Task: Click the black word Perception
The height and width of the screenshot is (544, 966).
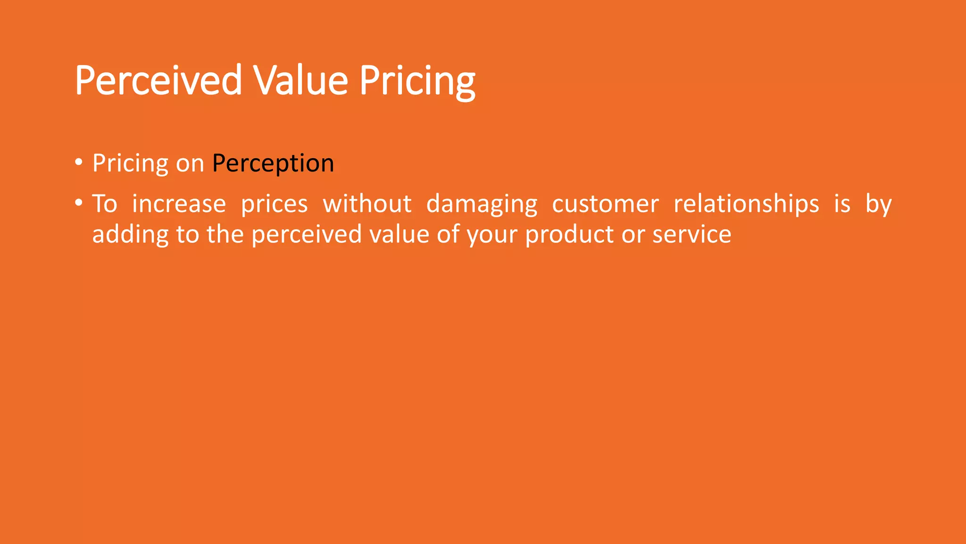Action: tap(273, 164)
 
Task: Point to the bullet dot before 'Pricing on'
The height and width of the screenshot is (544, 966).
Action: tap(79, 163)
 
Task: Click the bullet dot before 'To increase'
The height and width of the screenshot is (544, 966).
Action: tap(79, 204)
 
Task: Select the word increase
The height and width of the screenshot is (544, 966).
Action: tap(179, 204)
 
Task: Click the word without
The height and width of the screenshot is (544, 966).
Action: tap(367, 204)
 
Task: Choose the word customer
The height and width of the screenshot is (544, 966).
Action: tap(605, 204)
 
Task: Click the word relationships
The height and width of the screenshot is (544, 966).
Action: tap(746, 204)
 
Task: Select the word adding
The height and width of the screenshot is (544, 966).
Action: tap(130, 235)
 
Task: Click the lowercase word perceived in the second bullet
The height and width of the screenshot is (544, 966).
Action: tap(307, 235)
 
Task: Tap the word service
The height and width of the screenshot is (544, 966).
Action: tap(691, 235)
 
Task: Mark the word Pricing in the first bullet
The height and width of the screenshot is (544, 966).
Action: tap(130, 164)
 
